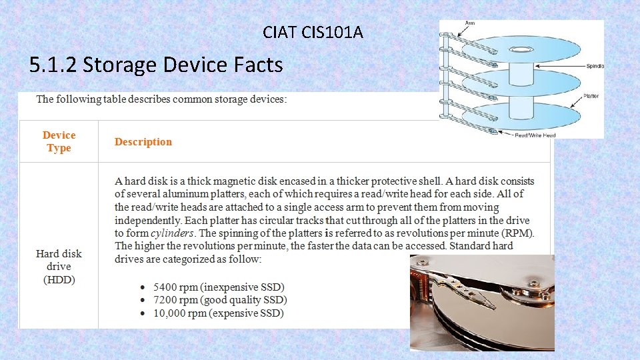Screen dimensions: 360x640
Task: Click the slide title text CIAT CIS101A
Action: point(313,31)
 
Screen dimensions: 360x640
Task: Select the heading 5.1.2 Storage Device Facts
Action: point(156,65)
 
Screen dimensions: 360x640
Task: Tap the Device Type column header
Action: point(59,141)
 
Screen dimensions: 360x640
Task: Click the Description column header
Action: point(143,142)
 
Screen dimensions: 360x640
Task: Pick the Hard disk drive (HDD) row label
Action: point(59,266)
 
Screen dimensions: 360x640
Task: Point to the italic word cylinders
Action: point(172,233)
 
